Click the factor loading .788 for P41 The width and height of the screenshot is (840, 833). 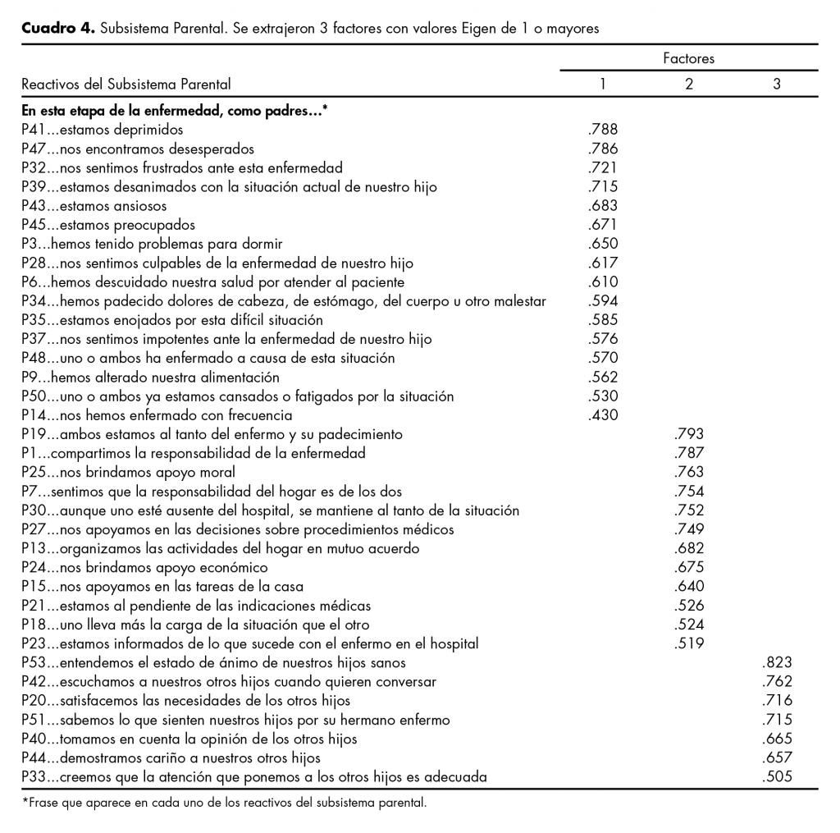(603, 129)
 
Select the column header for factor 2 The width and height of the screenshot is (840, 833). (689, 84)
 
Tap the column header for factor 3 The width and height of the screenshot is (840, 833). (776, 84)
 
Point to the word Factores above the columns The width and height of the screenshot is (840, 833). (688, 58)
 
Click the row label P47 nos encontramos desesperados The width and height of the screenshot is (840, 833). (138, 149)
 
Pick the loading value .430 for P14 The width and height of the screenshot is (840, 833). (603, 415)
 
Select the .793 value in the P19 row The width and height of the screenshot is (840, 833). (688, 434)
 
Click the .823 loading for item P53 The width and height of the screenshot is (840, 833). (776, 662)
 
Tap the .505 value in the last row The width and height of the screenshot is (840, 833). (776, 776)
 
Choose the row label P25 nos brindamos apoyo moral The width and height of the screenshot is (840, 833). (129, 472)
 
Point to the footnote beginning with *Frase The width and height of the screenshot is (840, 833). (224, 803)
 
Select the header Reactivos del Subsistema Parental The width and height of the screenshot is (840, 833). (126, 84)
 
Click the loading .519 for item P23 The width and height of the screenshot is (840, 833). (688, 643)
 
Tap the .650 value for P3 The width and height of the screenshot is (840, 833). (603, 243)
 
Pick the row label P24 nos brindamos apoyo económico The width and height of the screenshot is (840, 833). (145, 567)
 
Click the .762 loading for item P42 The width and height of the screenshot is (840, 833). (776, 681)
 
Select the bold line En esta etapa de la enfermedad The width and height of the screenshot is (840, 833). (175, 110)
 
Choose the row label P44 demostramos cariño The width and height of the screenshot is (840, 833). (171, 757)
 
